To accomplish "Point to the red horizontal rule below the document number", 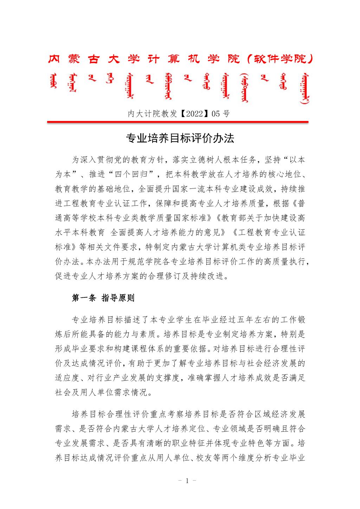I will [178, 122].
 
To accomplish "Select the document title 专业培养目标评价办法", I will [180, 138].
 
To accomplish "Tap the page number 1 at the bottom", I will [187, 481].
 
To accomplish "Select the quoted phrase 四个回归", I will [134, 175].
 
